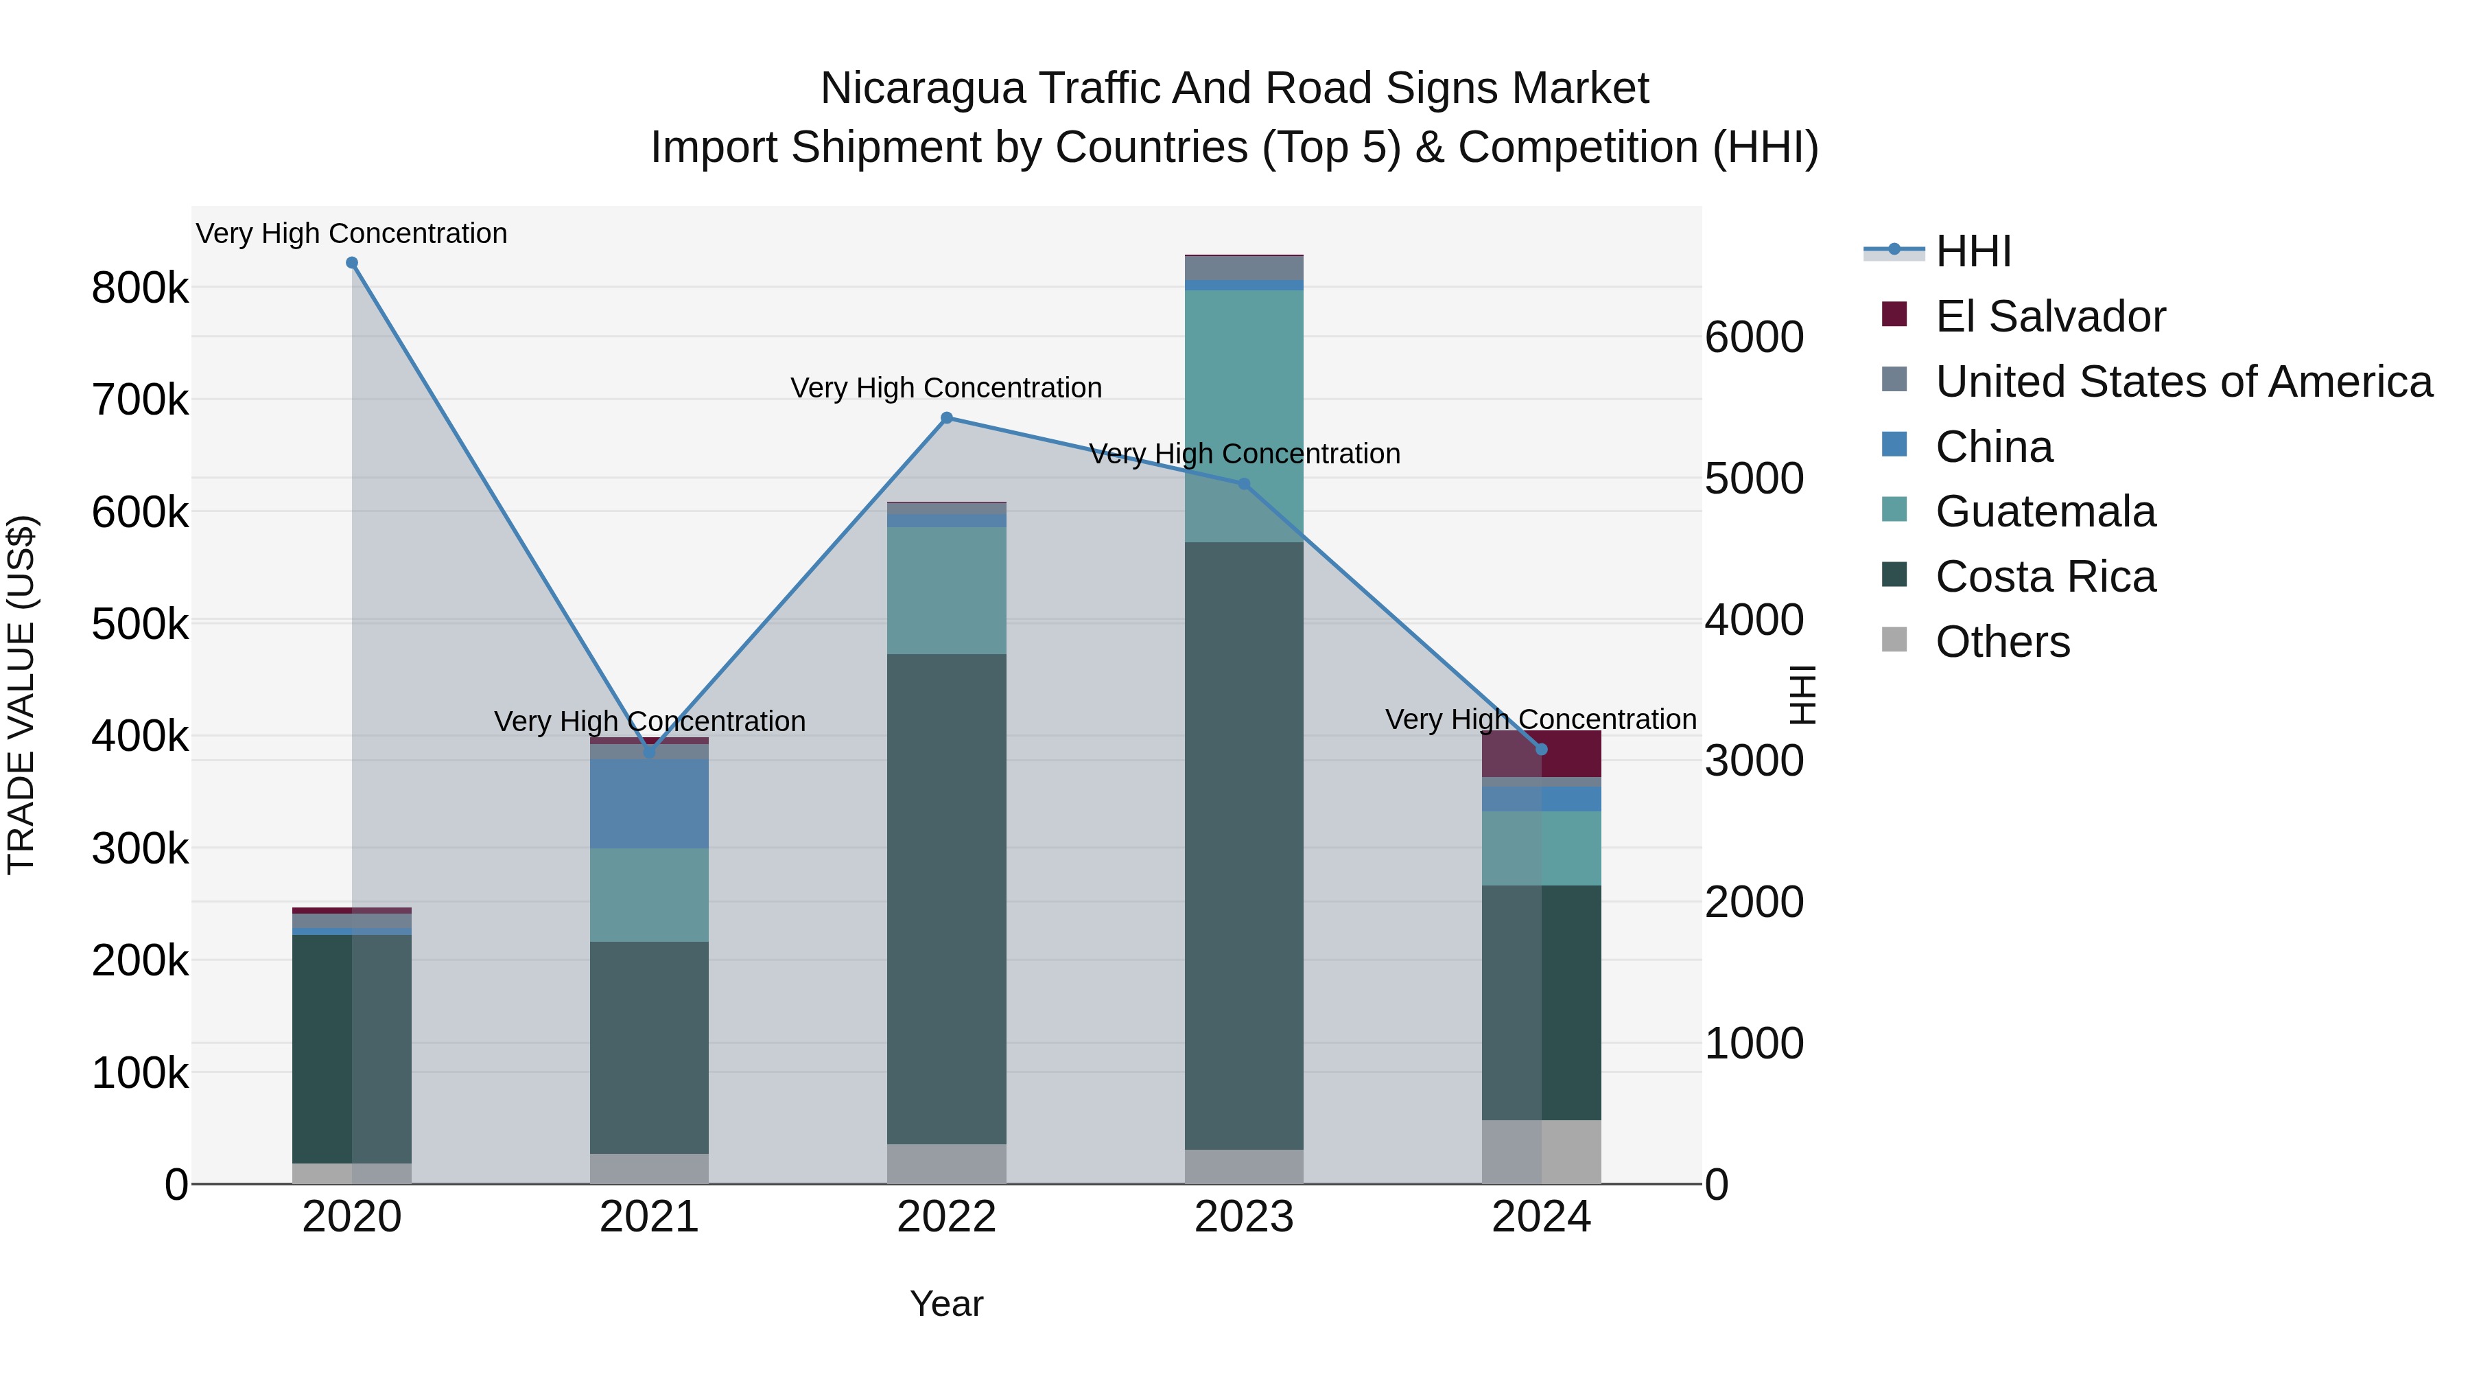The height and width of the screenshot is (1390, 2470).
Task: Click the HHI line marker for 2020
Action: click(352, 263)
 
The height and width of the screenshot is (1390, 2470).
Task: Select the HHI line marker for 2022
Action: click(946, 418)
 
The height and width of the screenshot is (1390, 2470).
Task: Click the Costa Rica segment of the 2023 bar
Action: click(1244, 844)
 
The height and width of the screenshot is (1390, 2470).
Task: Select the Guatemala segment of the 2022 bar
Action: click(946, 590)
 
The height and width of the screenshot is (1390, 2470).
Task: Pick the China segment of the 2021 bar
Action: click(649, 803)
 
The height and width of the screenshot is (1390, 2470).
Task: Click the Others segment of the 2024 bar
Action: click(1542, 1151)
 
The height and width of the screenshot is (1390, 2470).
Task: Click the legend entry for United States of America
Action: click(2183, 382)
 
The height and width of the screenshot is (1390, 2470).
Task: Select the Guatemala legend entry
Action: click(2045, 511)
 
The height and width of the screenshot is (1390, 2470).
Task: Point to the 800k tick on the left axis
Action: click(140, 288)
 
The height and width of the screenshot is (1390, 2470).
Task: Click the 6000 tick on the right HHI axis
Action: click(1754, 338)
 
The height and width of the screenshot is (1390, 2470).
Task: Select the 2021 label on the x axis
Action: click(649, 1217)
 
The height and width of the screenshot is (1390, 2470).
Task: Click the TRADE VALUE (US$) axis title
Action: click(21, 695)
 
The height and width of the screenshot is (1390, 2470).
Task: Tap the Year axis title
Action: click(946, 1304)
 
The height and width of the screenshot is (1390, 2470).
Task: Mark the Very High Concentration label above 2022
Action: click(946, 389)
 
